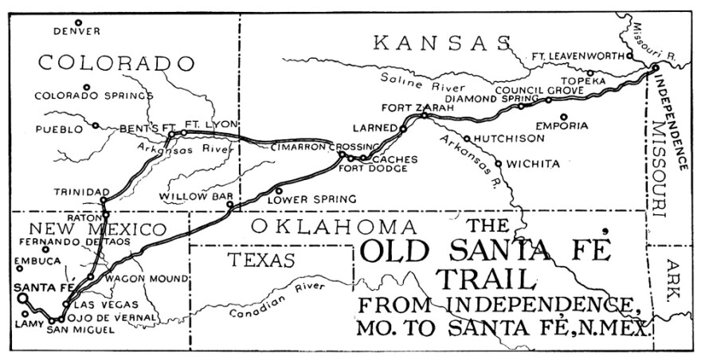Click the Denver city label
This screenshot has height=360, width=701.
(77, 32)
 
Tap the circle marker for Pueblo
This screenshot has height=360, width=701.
(96, 125)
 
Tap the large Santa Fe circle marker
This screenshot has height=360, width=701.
(23, 299)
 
